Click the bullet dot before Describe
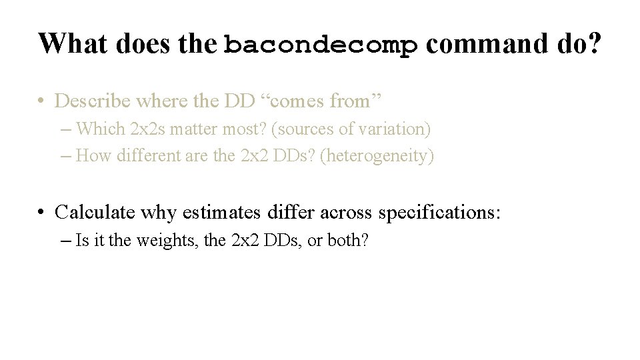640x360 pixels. (41, 101)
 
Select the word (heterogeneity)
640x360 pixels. (378, 156)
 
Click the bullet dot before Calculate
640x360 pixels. (41, 212)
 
